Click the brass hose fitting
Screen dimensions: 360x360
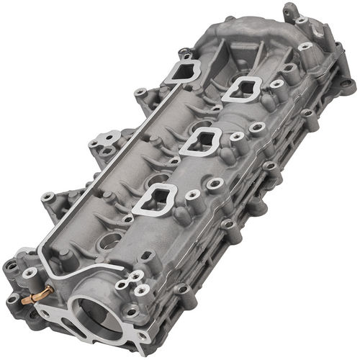[36, 294]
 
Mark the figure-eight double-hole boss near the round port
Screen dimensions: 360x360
[138, 288]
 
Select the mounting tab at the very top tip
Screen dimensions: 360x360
[292, 12]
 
